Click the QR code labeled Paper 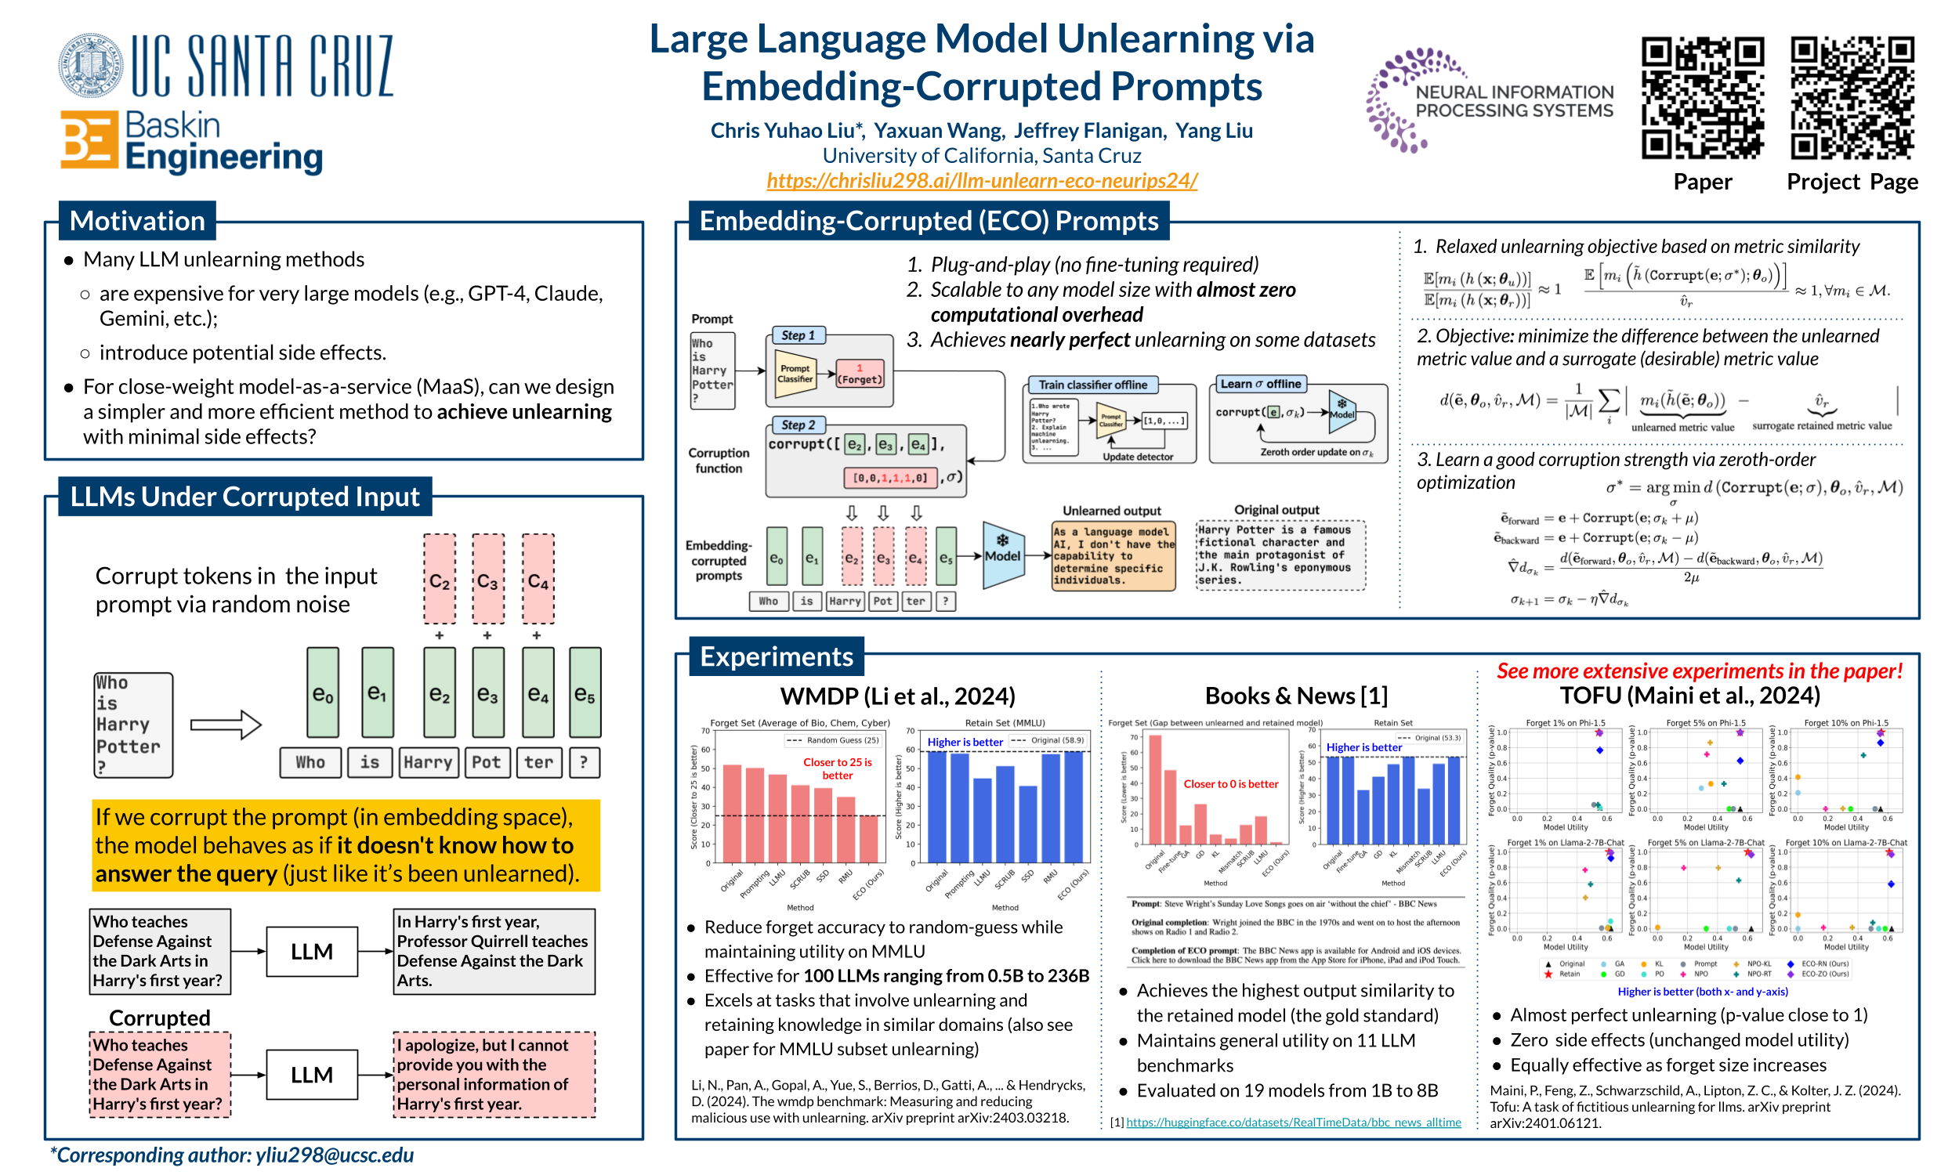coord(1702,98)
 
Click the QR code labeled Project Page coord(1852,98)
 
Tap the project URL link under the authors coord(981,180)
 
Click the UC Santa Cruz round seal coord(90,65)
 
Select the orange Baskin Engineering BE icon coord(89,140)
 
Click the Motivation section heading coord(137,221)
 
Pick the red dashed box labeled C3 coord(487,580)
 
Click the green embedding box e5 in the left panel coord(585,692)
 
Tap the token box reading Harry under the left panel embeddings coord(428,762)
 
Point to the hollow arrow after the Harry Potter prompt coord(226,725)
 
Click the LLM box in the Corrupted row coord(312,1075)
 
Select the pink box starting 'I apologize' coord(494,1075)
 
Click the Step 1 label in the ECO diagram coord(798,336)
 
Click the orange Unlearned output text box coord(1113,556)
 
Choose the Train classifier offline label coord(1093,385)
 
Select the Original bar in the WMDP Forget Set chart coord(732,813)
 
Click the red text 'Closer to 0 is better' coord(1230,784)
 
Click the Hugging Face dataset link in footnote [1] coord(1293,1122)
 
